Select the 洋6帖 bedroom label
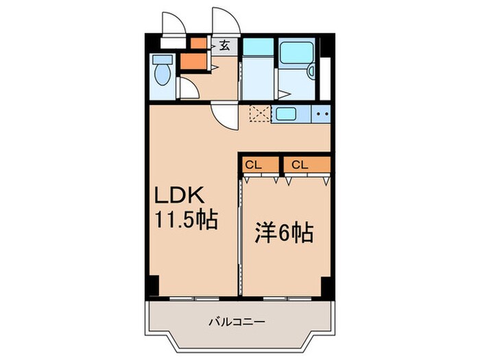point(283,234)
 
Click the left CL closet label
point(253,165)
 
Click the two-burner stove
point(322,114)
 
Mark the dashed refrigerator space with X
point(260,115)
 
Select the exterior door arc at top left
point(172,23)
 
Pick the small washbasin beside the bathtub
point(312,70)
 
